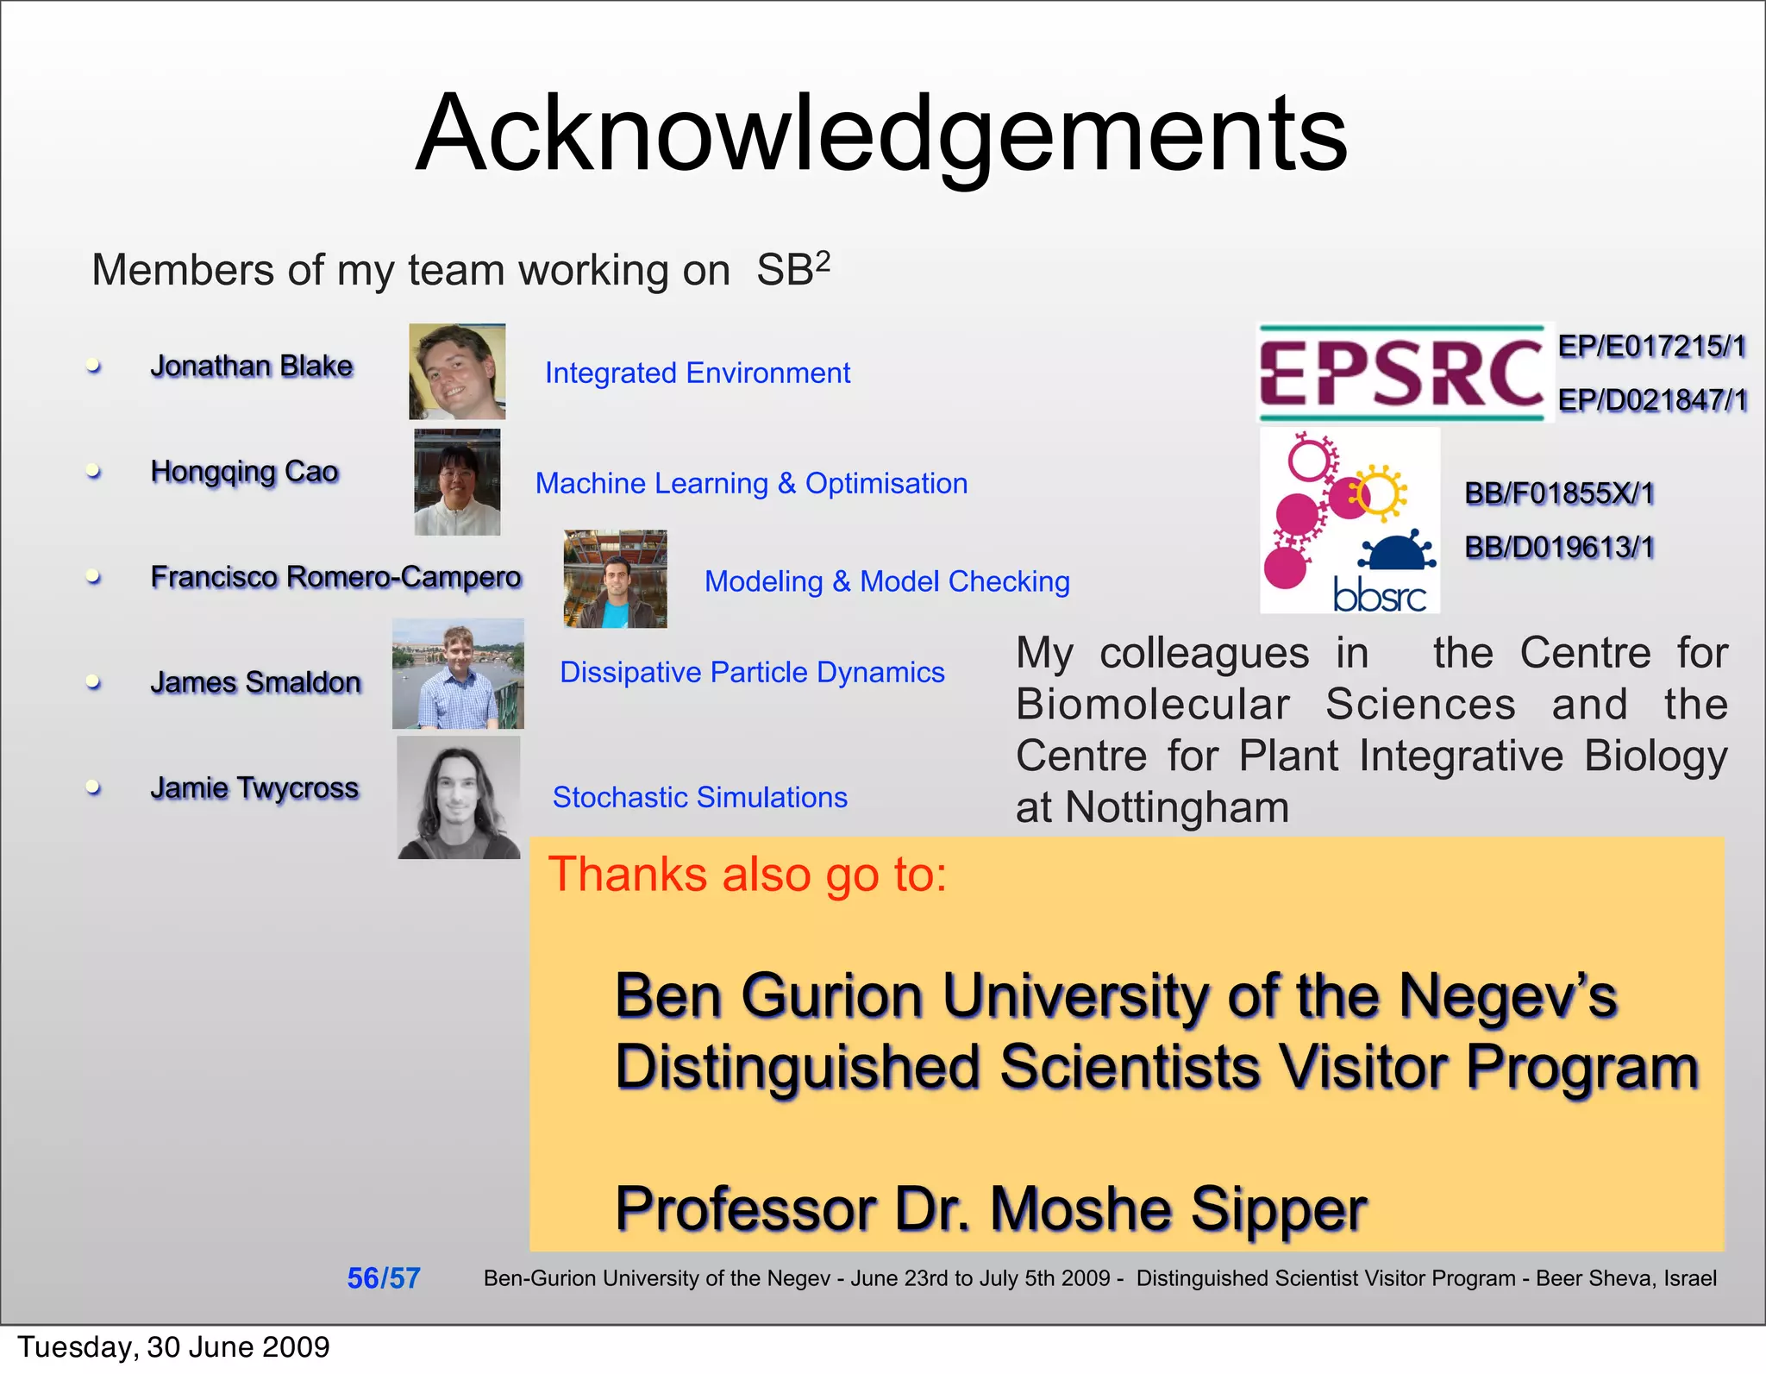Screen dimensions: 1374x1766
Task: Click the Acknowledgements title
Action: tap(881, 134)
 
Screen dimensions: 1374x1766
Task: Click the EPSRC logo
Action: tap(1402, 373)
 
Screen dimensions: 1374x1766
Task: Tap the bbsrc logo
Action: tap(1350, 521)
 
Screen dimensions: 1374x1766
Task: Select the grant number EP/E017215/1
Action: tap(1651, 347)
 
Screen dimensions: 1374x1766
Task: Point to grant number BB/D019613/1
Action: tap(1559, 547)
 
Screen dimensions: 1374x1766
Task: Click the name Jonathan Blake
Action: tap(252, 367)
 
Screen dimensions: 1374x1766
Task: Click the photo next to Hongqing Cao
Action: tap(457, 482)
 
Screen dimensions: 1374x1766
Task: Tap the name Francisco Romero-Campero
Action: tap(335, 576)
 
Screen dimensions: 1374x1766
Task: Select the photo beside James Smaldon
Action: tap(458, 674)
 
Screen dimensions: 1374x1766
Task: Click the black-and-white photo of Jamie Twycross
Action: tap(459, 798)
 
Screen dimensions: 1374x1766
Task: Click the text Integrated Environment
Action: tap(697, 373)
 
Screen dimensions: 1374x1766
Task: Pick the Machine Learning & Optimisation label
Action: tap(751, 483)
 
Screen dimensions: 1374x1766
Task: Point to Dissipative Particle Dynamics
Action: tap(752, 672)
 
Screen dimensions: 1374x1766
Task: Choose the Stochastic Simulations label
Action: tap(699, 797)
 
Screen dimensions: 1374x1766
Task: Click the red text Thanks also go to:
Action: tap(748, 875)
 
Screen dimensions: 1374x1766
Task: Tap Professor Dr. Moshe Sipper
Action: tap(990, 1208)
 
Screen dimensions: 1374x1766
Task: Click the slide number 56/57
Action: tap(384, 1278)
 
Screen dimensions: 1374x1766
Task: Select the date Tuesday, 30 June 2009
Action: tap(173, 1346)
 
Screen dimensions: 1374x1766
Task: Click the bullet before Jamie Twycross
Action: tap(94, 787)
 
